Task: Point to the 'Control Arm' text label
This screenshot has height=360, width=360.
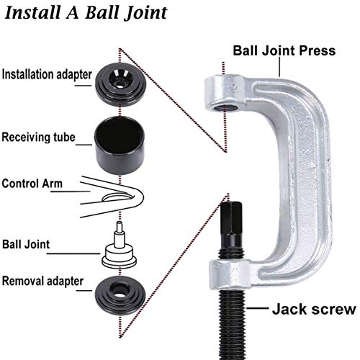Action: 32,184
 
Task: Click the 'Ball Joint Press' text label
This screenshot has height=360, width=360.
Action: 283,50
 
